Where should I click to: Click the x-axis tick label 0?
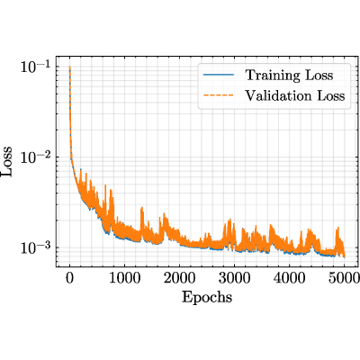69,278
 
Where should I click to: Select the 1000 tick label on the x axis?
124,278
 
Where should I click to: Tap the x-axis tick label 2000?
179,278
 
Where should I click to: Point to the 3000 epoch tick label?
234,278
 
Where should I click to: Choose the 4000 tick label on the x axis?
289,278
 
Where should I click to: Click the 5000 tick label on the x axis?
344,278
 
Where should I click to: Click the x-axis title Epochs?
207,298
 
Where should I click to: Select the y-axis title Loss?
7,161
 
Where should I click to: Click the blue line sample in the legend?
219,75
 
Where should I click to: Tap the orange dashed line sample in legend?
219,96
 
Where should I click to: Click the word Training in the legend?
273,76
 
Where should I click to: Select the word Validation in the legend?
278,96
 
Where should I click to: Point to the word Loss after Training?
319,75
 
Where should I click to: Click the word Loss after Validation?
330,96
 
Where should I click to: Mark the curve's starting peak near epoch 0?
70,67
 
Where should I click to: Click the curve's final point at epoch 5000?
344,256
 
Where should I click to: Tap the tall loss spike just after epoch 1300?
142,208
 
